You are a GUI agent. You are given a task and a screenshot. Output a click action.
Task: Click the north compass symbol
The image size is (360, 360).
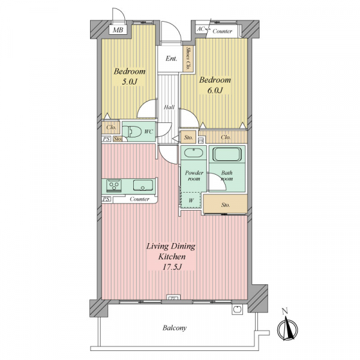pos(287,326)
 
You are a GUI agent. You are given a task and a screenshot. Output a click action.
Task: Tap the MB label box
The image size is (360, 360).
pos(118,29)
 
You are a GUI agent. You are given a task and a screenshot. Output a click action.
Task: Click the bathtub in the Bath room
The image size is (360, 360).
pos(227,154)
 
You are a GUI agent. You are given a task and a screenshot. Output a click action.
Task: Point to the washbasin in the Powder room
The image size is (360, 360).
pos(193,153)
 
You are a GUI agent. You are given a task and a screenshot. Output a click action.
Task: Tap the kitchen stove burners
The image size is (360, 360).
pos(114,185)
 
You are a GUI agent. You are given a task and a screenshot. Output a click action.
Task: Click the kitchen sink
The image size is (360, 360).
pos(143,185)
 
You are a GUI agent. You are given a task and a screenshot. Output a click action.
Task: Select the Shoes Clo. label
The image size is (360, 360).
pos(188,59)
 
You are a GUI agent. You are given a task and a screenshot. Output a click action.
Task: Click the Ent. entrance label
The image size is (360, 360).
pos(171,59)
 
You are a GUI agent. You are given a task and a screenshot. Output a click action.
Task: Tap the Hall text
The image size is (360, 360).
pos(169,107)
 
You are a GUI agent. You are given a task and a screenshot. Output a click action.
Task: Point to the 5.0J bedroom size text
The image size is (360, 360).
pos(130,82)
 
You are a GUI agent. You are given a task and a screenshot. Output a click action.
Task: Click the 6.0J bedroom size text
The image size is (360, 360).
pos(215,90)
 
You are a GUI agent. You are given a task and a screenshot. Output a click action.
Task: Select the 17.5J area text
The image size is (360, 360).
pos(172,267)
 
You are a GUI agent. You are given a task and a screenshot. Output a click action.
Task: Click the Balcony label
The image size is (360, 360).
pos(175,328)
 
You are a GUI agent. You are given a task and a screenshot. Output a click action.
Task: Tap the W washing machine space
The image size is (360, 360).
pos(191,200)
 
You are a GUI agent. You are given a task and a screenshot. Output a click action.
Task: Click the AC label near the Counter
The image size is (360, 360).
pos(200,29)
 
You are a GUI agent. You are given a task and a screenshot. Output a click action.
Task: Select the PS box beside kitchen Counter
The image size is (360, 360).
pos(106,199)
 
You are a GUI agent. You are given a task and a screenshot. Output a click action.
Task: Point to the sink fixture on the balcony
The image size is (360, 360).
pos(237,309)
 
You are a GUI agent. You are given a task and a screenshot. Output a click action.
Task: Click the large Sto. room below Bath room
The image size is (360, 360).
pos(225,204)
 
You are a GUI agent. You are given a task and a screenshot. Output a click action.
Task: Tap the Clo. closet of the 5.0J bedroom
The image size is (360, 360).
pos(111,127)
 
